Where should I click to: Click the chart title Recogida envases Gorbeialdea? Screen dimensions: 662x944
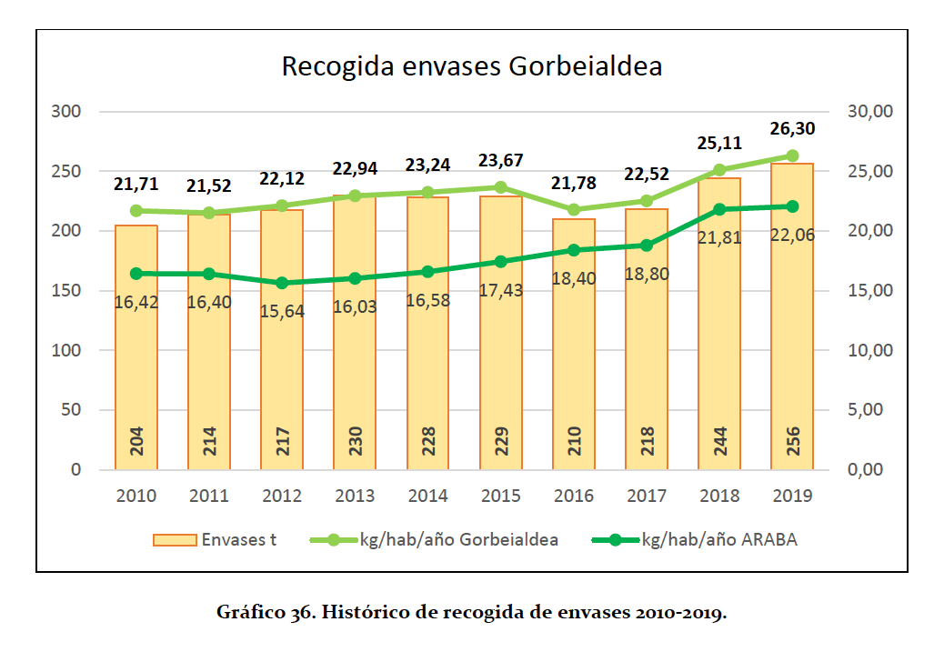click(x=471, y=67)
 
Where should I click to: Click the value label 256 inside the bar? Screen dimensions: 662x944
click(x=792, y=443)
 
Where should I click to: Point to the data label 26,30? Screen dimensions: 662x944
click(x=793, y=128)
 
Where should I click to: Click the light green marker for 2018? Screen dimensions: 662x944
click(x=719, y=170)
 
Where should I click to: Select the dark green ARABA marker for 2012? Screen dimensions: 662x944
click(x=282, y=283)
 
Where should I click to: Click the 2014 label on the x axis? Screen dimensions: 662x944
click(x=427, y=496)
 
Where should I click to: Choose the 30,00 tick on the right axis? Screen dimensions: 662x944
click(x=869, y=112)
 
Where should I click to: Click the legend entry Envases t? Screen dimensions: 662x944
click(x=216, y=540)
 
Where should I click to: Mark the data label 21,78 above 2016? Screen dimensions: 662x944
click(x=573, y=183)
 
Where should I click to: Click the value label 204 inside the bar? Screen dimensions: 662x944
click(x=136, y=443)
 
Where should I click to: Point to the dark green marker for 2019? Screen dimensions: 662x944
click(x=792, y=206)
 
